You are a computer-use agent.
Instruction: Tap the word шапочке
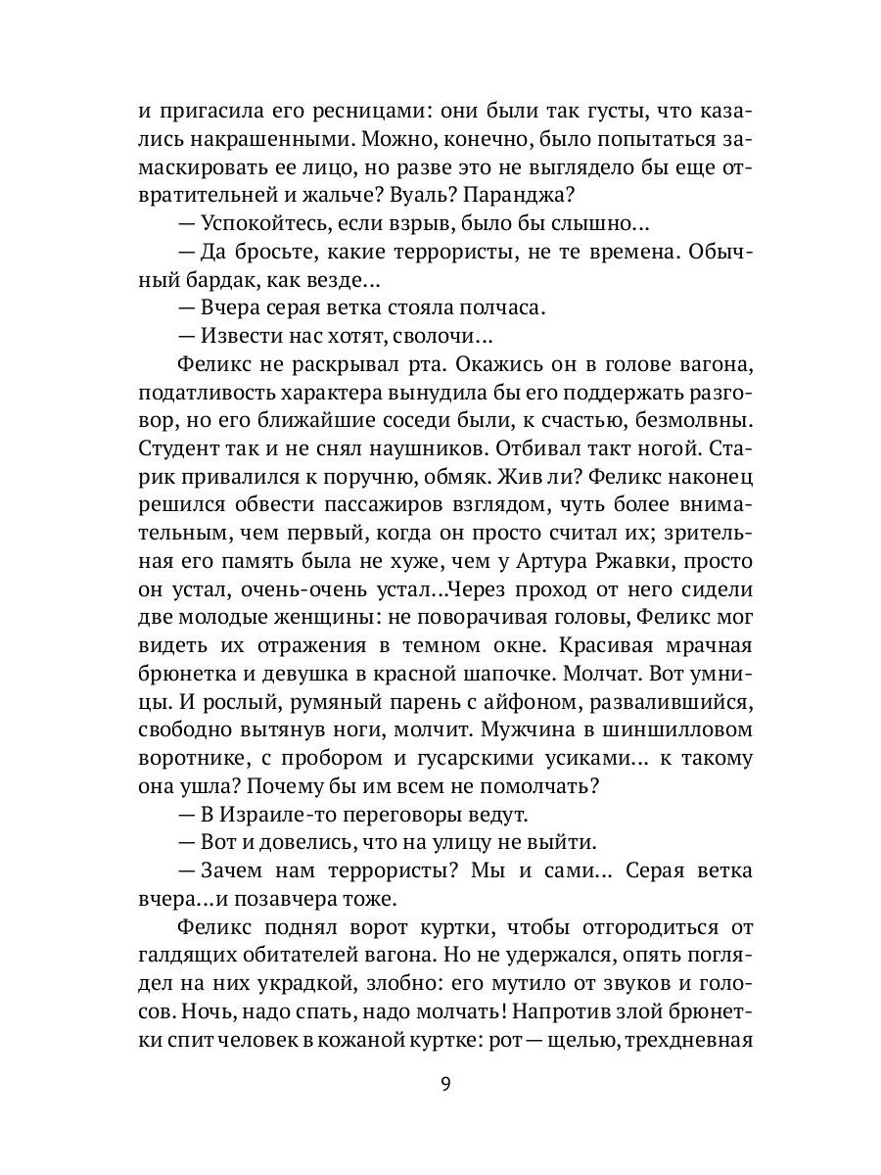[494, 675]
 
